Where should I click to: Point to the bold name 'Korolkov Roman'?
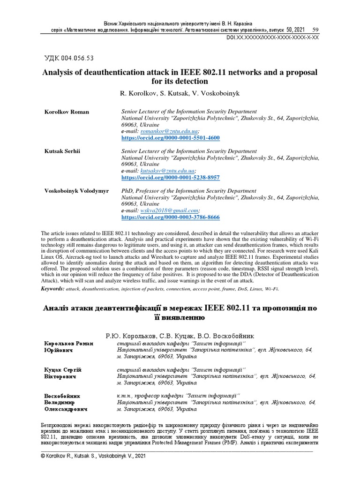(x=67, y=112)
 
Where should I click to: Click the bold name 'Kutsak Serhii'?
(x=63, y=151)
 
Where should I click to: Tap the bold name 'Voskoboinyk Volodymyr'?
(x=76, y=191)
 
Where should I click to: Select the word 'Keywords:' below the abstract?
(x=52, y=289)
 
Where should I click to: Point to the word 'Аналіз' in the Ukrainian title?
(x=57, y=308)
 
